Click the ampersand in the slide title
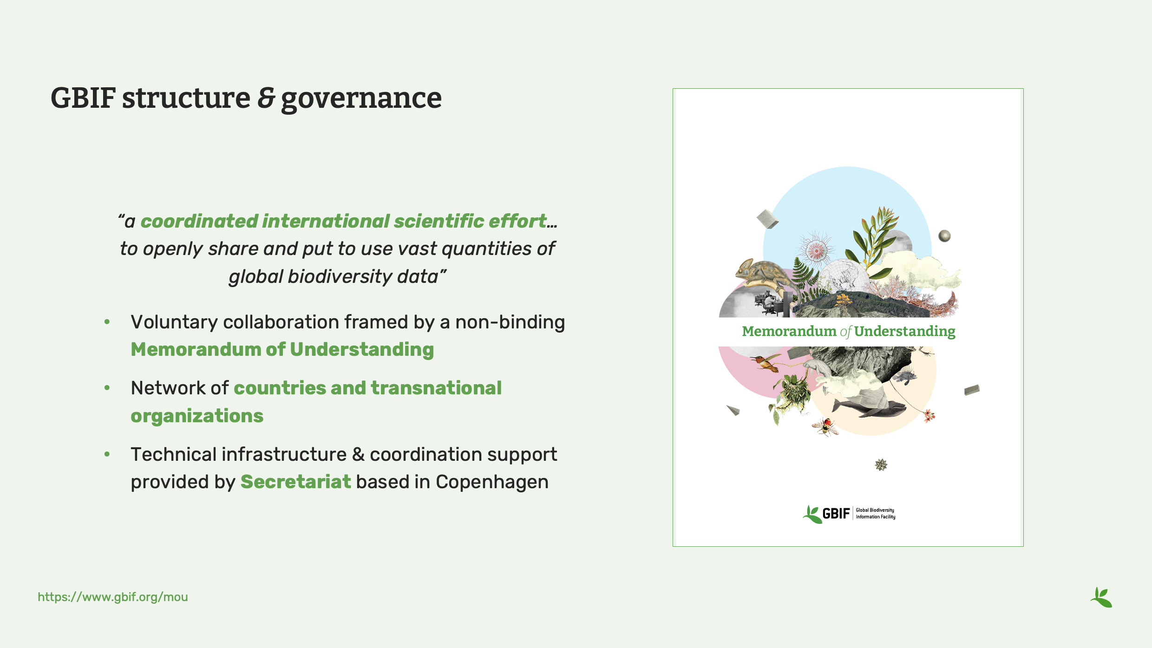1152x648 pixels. click(x=266, y=98)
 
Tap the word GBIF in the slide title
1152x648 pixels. click(x=83, y=98)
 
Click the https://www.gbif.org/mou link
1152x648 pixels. click(x=113, y=597)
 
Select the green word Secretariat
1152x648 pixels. click(x=295, y=482)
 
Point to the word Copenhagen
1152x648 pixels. click(x=492, y=482)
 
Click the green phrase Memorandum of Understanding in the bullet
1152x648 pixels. click(x=282, y=350)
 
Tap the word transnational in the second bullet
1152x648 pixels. click(x=436, y=388)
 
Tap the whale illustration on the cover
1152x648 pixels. click(x=869, y=409)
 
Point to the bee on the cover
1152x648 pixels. click(x=825, y=426)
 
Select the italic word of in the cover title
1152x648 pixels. click(x=845, y=332)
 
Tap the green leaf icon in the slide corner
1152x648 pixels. click(x=1101, y=597)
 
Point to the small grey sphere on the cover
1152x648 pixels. click(x=944, y=236)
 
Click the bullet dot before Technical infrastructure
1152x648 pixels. click(x=107, y=454)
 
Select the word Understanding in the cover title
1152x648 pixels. click(x=904, y=331)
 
